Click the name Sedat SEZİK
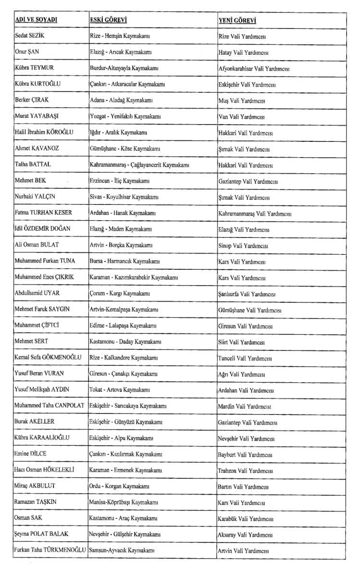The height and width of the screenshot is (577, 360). (32, 36)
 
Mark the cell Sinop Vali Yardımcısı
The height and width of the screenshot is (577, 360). (243, 246)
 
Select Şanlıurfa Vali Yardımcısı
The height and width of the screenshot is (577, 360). (247, 294)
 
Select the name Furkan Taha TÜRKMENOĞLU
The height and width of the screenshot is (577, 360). (50, 550)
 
